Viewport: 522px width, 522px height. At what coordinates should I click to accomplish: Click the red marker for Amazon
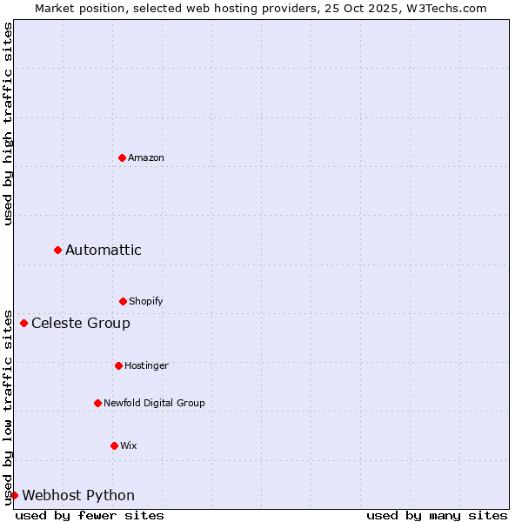pyautogui.click(x=122, y=157)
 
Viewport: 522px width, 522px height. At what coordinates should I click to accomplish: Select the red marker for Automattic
pyautogui.click(x=57, y=250)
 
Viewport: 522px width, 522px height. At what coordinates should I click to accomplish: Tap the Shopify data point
pyautogui.click(x=123, y=301)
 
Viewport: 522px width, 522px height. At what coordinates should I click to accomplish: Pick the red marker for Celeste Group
pyautogui.click(x=23, y=323)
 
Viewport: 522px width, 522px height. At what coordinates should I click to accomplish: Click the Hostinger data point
pyautogui.click(x=118, y=365)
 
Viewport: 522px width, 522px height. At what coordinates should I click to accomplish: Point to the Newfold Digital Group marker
pyautogui.click(x=97, y=403)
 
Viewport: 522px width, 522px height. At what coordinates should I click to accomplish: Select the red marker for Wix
pyautogui.click(x=114, y=445)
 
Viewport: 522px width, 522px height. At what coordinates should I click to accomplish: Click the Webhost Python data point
pyautogui.click(x=14, y=495)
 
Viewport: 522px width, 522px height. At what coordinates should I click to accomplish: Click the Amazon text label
pyautogui.click(x=146, y=157)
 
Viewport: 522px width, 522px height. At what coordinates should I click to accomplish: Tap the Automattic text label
pyautogui.click(x=104, y=250)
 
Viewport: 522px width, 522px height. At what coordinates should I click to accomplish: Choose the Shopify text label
pyautogui.click(x=146, y=301)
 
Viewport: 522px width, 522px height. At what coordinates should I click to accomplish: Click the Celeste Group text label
pyautogui.click(x=81, y=323)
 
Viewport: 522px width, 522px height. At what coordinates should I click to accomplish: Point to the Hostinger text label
pyautogui.click(x=146, y=365)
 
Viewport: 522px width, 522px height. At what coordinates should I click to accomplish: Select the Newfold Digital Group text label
pyautogui.click(x=154, y=403)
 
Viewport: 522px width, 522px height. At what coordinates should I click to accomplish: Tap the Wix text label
pyautogui.click(x=129, y=445)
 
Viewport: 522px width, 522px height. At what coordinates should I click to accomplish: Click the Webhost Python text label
pyautogui.click(x=78, y=495)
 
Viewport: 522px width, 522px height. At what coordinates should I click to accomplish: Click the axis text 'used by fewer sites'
pyautogui.click(x=90, y=515)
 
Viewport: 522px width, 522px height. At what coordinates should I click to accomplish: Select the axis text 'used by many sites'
pyautogui.click(x=437, y=515)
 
